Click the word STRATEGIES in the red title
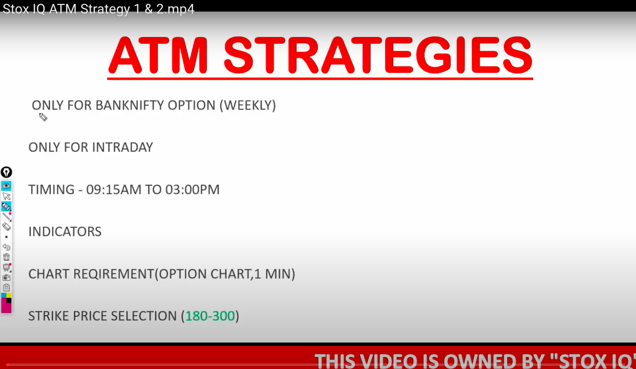pos(378,55)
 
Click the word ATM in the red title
pos(158,55)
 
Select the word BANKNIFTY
pos(131,105)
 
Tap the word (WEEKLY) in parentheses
pos(247,105)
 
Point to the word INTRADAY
pos(122,148)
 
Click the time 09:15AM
pos(114,190)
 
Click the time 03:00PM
pos(192,190)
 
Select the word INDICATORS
pos(65,231)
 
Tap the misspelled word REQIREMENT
pos(114,274)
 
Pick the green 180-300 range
pos(210,316)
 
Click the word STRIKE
pos(49,316)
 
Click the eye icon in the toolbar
pos(6,186)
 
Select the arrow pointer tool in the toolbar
pos(6,196)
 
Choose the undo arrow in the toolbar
pos(6,247)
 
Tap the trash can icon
pos(6,257)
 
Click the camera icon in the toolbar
pos(6,278)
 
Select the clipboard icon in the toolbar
pos(6,288)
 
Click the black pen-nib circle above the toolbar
pos(6,172)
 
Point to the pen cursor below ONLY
pos(43,117)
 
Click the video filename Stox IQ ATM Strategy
pos(71,9)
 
